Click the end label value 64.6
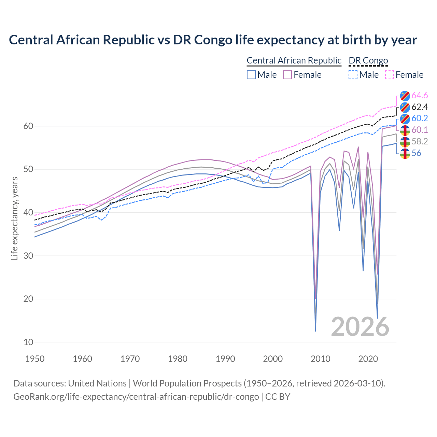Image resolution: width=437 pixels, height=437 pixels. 420,95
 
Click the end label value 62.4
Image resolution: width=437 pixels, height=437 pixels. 420,107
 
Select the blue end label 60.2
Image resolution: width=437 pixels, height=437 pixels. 420,118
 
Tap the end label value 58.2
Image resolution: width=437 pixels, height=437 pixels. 420,141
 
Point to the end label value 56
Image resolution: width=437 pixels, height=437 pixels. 416,153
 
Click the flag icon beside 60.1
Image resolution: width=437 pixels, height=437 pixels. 405,130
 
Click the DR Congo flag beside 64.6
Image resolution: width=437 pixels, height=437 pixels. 405,96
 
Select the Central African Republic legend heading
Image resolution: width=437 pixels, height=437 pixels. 294,60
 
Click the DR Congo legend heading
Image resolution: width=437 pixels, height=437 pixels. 368,60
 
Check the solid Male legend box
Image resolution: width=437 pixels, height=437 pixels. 251,75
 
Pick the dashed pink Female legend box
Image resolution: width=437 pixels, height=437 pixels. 390,75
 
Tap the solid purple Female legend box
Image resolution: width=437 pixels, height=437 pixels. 287,75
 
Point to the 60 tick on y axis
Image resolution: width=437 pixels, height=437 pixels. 28,126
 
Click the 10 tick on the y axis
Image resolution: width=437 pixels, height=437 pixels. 28,342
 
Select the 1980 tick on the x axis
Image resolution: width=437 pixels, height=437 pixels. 178,359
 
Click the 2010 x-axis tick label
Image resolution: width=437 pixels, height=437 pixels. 321,359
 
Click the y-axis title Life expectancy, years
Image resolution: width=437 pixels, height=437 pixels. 14,218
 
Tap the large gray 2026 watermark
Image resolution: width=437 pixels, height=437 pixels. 360,327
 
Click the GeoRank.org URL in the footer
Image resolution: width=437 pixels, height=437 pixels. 136,397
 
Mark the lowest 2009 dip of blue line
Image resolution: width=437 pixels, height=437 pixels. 315,331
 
